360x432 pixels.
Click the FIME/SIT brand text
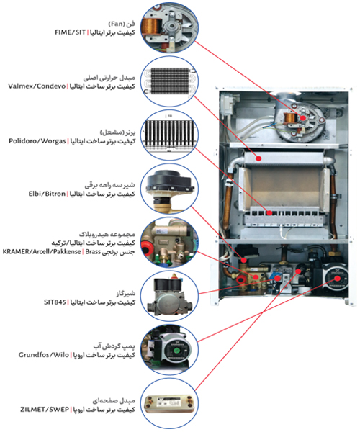(x=71, y=32)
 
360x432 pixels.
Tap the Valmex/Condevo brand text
(x=37, y=86)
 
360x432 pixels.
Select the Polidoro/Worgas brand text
(x=37, y=141)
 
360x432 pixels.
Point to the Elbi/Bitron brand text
(x=47, y=194)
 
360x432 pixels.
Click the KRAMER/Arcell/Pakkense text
(x=42, y=251)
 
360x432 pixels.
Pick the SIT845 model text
(x=55, y=302)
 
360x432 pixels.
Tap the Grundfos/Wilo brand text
(x=43, y=354)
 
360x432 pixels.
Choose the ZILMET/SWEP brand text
(x=45, y=410)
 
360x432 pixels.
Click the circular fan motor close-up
(x=169, y=27)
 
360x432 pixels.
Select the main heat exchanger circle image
(x=169, y=81)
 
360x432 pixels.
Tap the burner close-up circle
(x=169, y=135)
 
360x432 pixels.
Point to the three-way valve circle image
(x=169, y=189)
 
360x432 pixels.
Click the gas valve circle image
(x=169, y=297)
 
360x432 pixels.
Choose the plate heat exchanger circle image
(x=169, y=404)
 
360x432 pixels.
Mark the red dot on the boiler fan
(x=303, y=118)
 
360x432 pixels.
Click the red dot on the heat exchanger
(x=258, y=158)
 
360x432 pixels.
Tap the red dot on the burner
(x=269, y=212)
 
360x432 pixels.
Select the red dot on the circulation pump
(x=338, y=278)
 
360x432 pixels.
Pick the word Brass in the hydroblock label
(x=93, y=251)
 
